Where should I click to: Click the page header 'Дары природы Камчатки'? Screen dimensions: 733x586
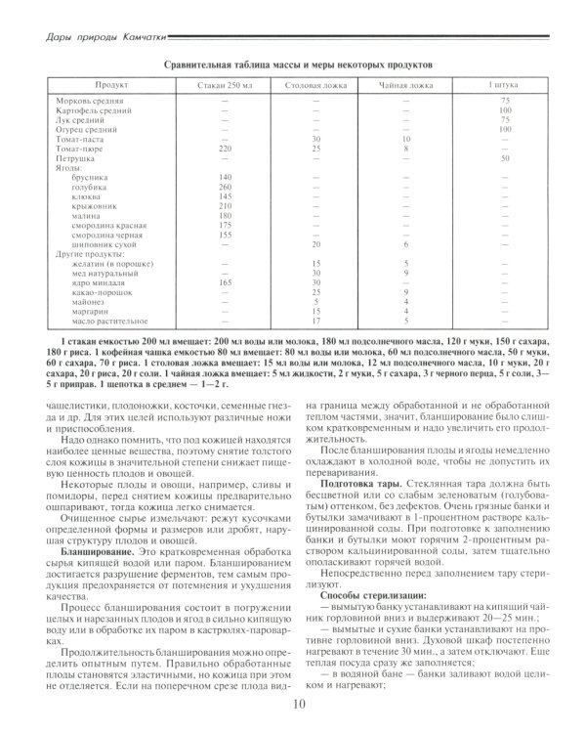tap(93, 38)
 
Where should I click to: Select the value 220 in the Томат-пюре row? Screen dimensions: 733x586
tap(225, 148)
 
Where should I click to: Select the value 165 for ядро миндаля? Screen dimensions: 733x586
tap(225, 282)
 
